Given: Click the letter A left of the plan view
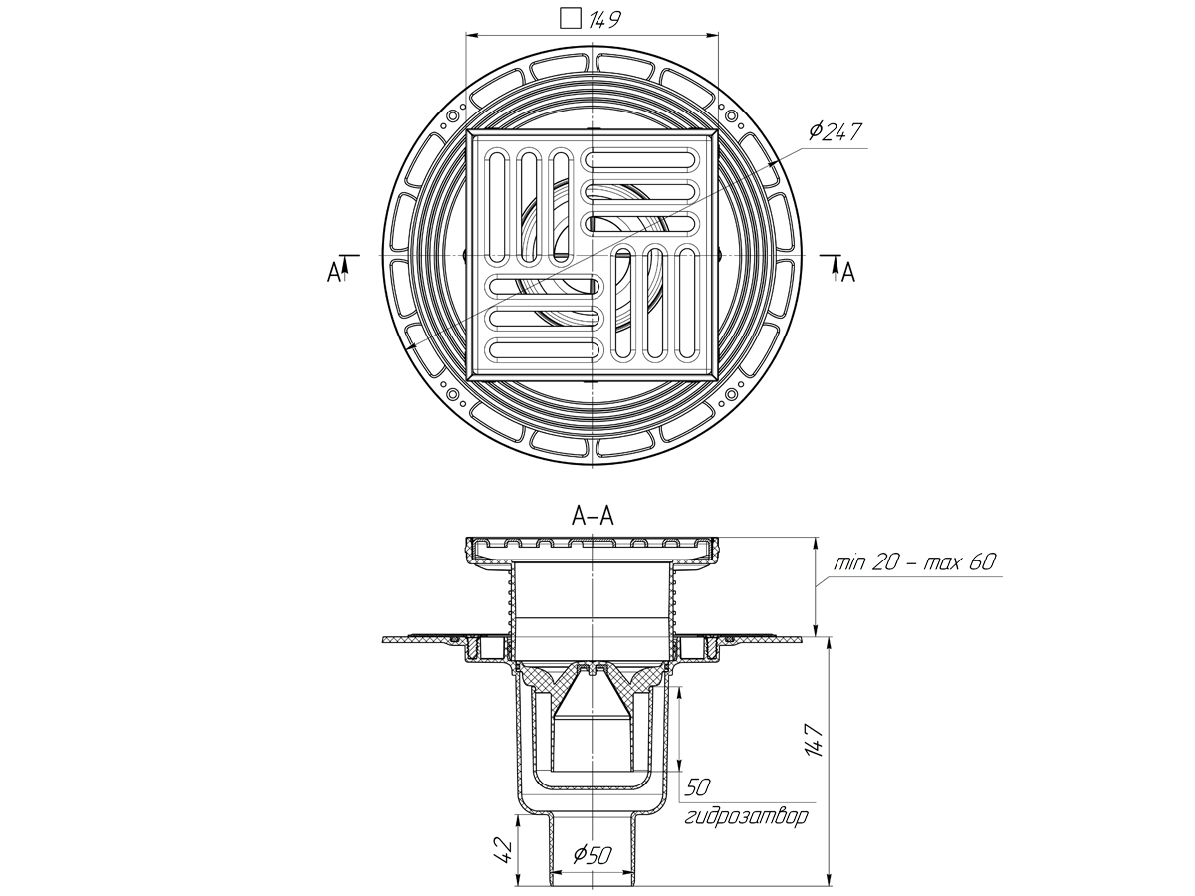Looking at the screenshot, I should point(332,271).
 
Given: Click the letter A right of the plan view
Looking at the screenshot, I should point(848,271).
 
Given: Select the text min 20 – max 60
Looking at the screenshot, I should point(915,562).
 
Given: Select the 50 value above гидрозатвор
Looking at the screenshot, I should point(696,788).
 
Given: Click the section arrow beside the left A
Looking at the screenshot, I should point(345,264).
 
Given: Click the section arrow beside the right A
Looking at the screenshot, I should point(835,264).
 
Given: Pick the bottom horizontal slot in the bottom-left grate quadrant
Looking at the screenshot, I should point(544,349).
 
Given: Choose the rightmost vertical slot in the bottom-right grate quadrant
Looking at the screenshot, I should point(686,304).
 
